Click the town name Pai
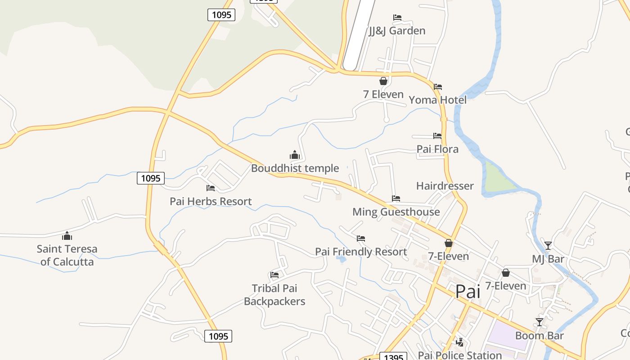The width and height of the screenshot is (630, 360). point(468,292)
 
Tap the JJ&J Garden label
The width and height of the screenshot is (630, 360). point(397,31)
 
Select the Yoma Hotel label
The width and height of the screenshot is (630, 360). point(437,100)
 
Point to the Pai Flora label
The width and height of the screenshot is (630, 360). point(437,149)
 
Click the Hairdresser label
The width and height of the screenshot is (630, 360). point(445,186)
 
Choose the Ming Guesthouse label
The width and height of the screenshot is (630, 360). point(396,212)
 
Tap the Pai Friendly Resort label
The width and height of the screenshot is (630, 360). point(361,252)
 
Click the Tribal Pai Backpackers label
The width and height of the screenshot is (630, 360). point(274,295)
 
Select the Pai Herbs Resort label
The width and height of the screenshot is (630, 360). point(211,202)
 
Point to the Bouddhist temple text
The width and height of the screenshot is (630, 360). point(295,169)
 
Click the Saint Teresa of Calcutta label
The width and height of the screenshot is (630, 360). point(67,255)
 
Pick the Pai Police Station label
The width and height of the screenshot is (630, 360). point(460,355)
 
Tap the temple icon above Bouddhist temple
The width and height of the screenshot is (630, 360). point(295,155)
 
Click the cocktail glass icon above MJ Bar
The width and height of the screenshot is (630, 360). point(548,246)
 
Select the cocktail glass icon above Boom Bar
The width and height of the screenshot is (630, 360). point(539,322)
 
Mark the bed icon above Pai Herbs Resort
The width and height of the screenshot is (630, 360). point(211,188)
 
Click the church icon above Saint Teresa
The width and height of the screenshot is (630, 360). point(67,236)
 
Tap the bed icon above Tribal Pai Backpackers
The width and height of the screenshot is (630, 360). point(274,275)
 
